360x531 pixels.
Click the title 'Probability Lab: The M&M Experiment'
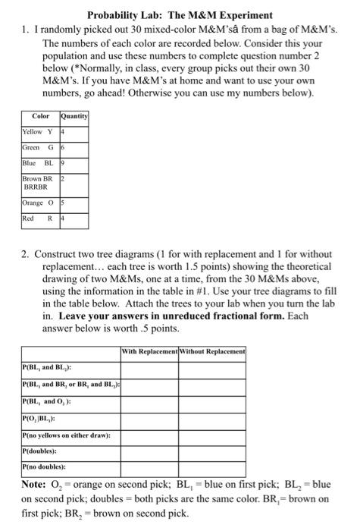(180, 14)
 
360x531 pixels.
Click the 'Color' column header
(40, 116)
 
